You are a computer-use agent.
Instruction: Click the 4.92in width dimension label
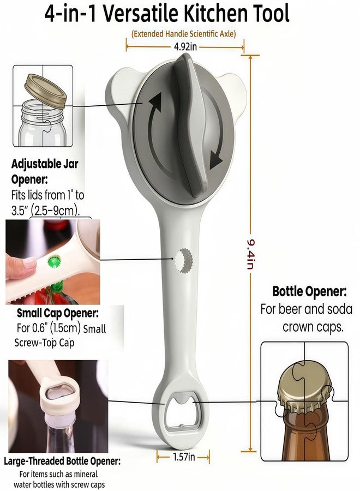point(185,47)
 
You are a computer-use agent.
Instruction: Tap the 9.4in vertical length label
point(250,254)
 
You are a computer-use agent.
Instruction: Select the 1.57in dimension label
point(183,457)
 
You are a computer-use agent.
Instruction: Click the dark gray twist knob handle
point(189,125)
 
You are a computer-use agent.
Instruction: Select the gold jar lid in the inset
point(45,91)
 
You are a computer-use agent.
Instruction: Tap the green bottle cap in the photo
point(54,261)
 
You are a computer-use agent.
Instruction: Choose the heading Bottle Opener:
point(310,291)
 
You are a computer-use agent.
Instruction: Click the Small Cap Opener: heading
point(58,313)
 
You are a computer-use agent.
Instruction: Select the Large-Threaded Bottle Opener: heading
point(62,461)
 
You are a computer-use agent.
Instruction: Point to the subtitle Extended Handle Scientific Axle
point(183,33)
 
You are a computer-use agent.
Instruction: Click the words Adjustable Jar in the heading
point(45,164)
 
